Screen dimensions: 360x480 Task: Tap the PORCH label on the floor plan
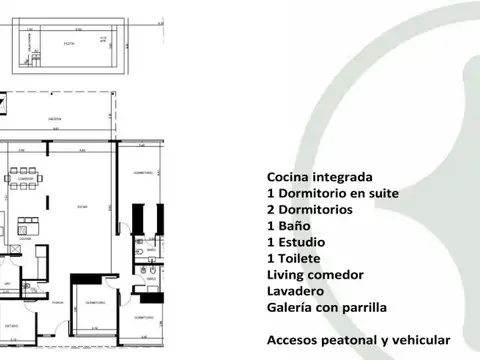[60, 300]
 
